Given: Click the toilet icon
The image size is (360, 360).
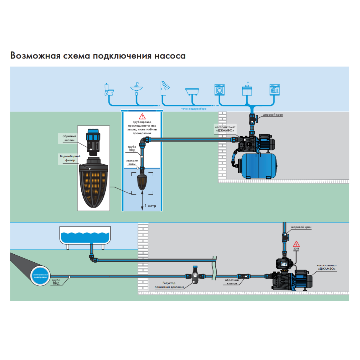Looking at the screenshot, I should coord(110,89).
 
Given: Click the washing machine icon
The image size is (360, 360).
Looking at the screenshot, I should coord(219,89).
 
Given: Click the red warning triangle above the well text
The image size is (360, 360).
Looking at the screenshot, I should coord(142,116).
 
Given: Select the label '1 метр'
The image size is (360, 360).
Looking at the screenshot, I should coord(150,206).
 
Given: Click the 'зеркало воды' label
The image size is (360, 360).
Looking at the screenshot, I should coord(132,162).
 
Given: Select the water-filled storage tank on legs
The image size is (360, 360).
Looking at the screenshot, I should coord(85,236).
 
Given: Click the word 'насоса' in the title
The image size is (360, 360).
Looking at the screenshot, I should coord(169,55).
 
